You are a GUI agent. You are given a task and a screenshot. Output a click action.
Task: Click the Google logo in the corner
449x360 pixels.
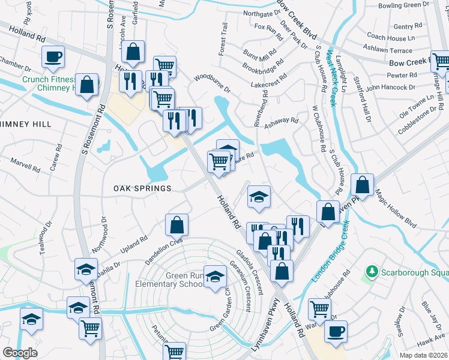pyautogui.click(x=20, y=353)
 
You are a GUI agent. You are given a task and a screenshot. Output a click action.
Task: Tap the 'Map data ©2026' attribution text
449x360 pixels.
pyautogui.click(x=424, y=355)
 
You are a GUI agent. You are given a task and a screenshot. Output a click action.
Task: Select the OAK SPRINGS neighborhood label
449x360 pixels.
pyautogui.click(x=143, y=188)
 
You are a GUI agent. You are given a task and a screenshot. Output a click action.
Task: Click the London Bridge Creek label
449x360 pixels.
pyautogui.click(x=330, y=252)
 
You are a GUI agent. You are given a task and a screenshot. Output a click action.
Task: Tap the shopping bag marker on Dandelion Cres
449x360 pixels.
pyautogui.click(x=177, y=226)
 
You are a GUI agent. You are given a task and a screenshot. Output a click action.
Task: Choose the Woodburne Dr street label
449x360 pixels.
pyautogui.click(x=212, y=83)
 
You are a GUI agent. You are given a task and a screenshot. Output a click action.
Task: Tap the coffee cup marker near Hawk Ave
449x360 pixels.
pyautogui.click(x=336, y=331)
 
